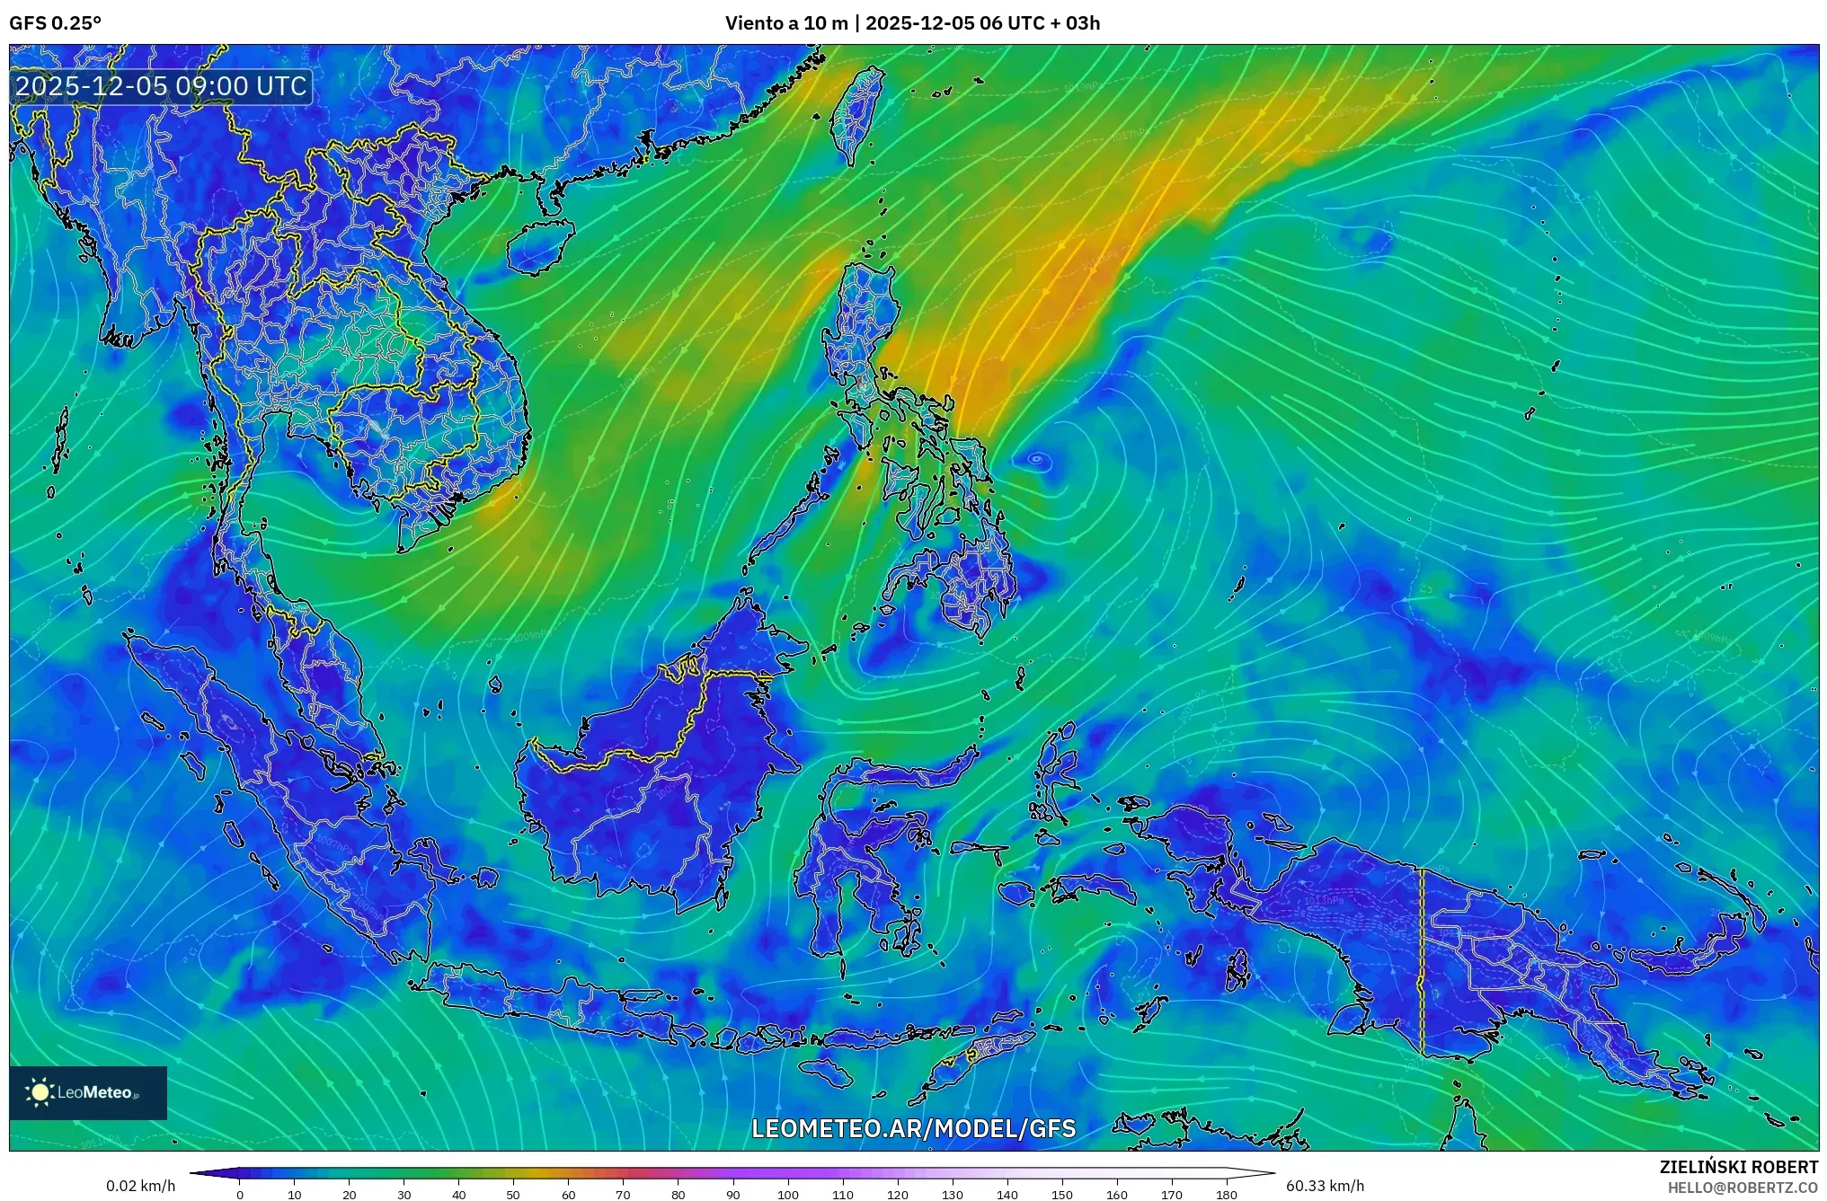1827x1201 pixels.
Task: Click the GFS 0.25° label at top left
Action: click(55, 23)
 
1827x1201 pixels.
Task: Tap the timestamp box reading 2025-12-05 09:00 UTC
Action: click(162, 86)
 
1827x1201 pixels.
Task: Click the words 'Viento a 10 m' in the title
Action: click(785, 23)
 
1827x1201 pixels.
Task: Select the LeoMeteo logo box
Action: click(88, 1092)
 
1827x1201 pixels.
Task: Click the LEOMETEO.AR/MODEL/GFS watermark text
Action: click(913, 1128)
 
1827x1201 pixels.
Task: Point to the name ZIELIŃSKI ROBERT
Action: click(1738, 1167)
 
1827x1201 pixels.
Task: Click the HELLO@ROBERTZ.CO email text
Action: click(1743, 1188)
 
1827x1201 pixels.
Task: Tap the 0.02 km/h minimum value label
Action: click(140, 1186)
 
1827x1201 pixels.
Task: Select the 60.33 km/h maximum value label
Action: click(1325, 1186)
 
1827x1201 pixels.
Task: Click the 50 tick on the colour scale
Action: click(512, 1195)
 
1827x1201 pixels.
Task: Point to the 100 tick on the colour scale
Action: click(787, 1195)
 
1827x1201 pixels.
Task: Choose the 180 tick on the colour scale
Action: click(1226, 1195)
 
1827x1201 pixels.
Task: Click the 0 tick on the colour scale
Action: click(239, 1195)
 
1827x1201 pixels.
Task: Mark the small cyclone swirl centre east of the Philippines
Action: click(1036, 459)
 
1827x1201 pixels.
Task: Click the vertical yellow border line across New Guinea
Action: click(1422, 961)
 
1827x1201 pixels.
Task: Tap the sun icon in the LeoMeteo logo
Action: click(40, 1092)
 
